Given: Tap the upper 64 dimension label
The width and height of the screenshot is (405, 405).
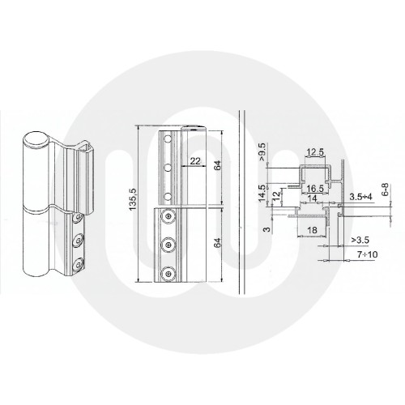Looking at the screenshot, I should pyautogui.click(x=217, y=165).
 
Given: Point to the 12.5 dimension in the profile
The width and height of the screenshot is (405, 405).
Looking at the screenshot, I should pyautogui.click(x=315, y=152).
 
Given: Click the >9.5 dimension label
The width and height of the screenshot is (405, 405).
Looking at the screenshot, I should pyautogui.click(x=262, y=153).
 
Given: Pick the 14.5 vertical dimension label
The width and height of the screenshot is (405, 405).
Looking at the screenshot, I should pyautogui.click(x=261, y=194).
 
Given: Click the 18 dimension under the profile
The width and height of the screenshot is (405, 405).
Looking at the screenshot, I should pyautogui.click(x=312, y=231).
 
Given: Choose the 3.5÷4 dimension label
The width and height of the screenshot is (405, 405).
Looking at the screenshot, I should pyautogui.click(x=360, y=197).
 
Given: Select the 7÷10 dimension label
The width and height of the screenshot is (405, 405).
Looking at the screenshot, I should pyautogui.click(x=360, y=256).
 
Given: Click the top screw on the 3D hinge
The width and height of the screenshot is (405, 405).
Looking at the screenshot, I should pyautogui.click(x=75, y=220).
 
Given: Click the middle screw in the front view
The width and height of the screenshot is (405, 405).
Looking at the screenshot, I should pyautogui.click(x=168, y=244).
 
